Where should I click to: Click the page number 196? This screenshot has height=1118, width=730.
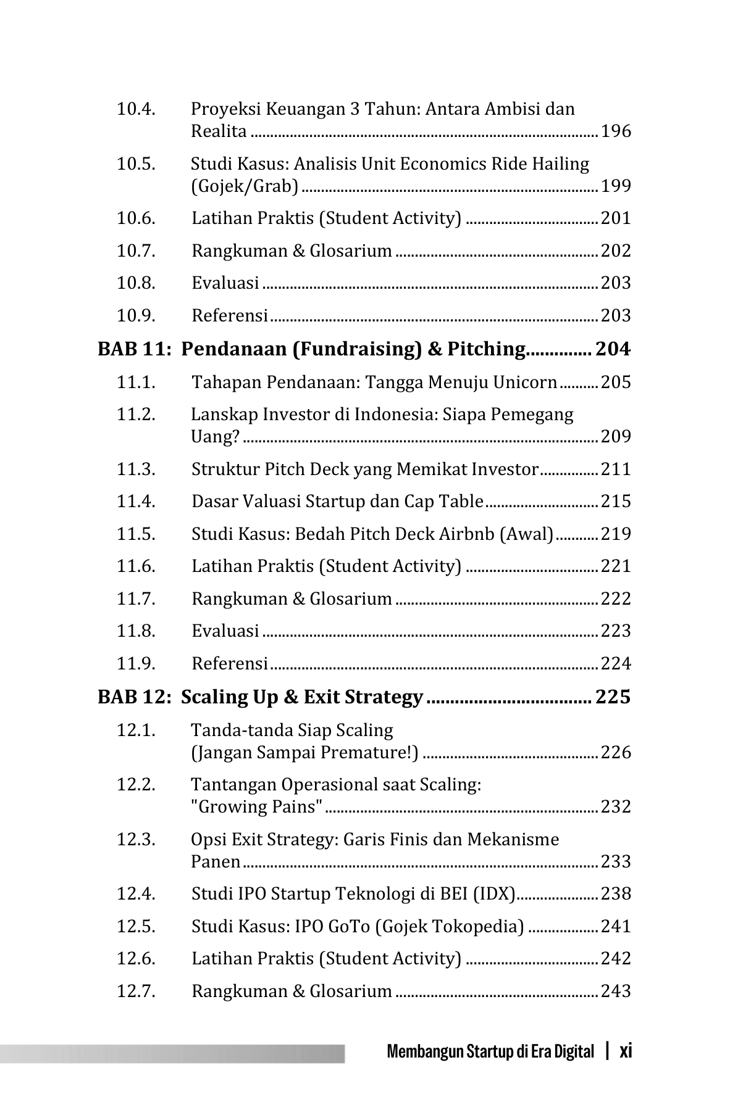tap(616, 131)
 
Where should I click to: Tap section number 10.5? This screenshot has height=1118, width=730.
tap(136, 164)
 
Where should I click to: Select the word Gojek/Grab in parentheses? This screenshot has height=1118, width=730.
tap(245, 186)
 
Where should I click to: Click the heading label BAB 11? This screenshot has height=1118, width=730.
tap(133, 349)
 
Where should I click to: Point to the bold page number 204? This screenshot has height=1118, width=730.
tap(613, 349)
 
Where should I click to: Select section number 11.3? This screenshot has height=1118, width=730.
tap(136, 470)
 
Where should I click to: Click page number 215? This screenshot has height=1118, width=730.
tap(616, 502)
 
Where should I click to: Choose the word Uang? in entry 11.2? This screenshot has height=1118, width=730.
tap(215, 437)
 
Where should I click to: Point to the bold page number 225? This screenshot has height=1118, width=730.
tap(613, 697)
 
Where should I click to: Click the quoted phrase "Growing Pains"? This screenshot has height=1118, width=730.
tap(257, 807)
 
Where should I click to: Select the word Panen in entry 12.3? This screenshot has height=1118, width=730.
tap(216, 861)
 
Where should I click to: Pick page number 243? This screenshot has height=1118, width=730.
tap(616, 992)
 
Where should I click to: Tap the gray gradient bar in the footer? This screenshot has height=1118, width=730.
tap(172, 1053)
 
